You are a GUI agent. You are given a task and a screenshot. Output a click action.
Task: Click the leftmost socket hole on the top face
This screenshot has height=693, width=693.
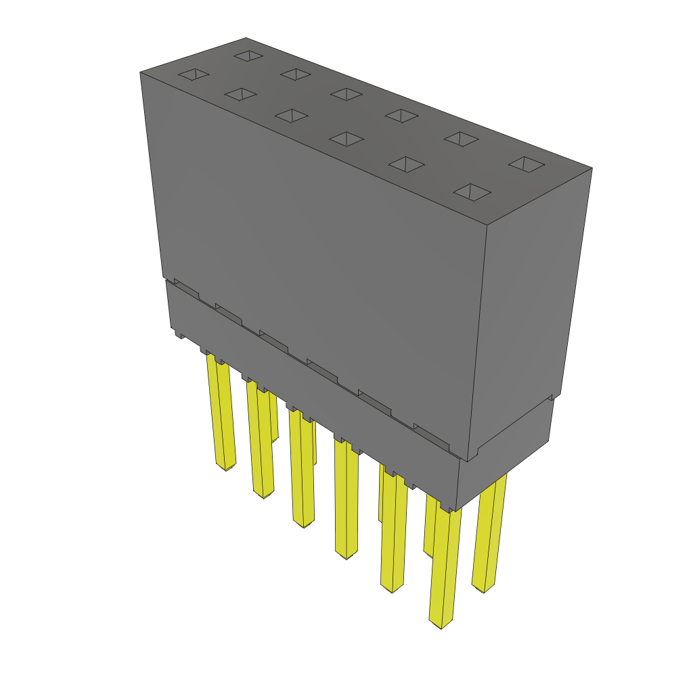(193, 74)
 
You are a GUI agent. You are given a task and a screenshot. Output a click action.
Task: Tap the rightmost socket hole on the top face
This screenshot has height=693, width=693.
(527, 164)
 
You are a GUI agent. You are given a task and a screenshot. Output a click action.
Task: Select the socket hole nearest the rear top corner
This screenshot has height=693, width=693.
(248, 55)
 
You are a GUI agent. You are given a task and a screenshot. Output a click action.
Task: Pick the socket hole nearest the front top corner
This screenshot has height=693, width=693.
(472, 192)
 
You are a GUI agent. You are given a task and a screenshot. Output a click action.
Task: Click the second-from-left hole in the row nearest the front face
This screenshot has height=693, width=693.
(240, 95)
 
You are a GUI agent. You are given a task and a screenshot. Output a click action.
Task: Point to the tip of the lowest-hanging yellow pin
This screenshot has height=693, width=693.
(441, 626)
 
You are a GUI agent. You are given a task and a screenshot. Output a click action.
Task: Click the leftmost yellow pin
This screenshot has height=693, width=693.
(222, 413)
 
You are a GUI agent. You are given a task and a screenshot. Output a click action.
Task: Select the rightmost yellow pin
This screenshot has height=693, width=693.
(489, 535)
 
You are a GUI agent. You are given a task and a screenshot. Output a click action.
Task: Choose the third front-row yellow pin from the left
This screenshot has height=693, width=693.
(302, 470)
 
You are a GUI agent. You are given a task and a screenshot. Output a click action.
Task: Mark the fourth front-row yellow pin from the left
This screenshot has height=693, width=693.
(346, 501)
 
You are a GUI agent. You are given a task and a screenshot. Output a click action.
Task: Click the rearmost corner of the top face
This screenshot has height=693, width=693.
(246, 38)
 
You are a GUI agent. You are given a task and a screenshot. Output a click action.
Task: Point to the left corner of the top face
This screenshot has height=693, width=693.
(140, 72)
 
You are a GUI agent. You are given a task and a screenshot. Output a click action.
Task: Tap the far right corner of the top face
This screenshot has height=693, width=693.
(592, 169)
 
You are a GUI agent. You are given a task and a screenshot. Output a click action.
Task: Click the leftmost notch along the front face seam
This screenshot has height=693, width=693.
(186, 288)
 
